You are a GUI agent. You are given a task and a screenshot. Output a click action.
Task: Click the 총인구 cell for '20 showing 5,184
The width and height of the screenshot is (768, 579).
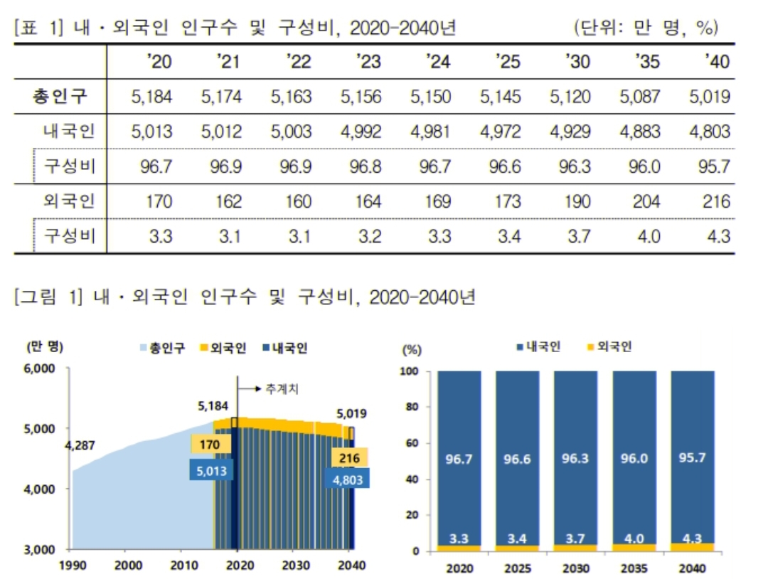pos(151,97)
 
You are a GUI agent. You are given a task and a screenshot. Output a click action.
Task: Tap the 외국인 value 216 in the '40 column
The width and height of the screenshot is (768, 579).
pos(715,201)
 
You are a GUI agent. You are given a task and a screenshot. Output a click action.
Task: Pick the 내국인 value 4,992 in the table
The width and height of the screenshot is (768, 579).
pos(361,132)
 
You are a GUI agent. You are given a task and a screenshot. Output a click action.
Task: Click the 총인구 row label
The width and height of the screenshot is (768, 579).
pos(60,97)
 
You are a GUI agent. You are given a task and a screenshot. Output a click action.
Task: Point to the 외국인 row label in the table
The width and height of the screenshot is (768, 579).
pos(68,201)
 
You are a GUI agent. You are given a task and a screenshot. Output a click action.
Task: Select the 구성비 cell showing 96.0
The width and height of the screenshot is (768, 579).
pos(646,166)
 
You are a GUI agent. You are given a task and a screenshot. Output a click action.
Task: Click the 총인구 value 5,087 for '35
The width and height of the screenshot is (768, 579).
pos(641,97)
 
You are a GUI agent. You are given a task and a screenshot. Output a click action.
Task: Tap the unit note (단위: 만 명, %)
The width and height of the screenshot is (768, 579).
pos(645,28)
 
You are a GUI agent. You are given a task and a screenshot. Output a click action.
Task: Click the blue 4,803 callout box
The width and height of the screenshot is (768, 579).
pos(348,479)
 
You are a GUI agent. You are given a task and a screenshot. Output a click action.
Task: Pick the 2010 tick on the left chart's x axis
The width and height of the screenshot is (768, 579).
pos(181,565)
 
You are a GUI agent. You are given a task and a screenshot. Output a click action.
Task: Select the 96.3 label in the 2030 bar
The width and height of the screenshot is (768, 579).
pos(575,458)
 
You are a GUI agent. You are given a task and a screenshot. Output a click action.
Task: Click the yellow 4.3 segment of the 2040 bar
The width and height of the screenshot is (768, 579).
pos(692,547)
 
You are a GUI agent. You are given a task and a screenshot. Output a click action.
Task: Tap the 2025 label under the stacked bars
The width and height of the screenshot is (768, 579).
pos(517,569)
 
